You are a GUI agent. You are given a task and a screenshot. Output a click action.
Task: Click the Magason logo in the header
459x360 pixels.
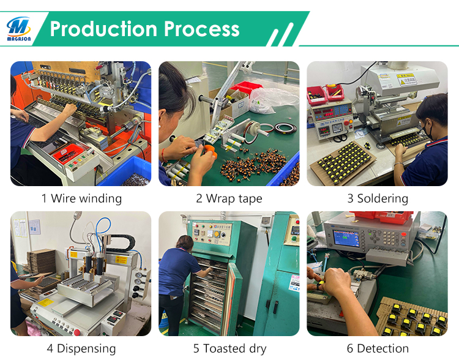(19, 29)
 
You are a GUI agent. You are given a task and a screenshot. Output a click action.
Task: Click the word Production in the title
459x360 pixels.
(103, 29)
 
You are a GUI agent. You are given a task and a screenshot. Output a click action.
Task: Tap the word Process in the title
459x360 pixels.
(202, 29)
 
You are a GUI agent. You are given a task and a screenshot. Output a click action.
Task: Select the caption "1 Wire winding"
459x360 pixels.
(81, 198)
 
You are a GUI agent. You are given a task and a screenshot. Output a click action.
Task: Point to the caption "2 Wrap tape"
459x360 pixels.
(229, 198)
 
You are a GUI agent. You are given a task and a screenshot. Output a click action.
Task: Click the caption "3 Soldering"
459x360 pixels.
(378, 198)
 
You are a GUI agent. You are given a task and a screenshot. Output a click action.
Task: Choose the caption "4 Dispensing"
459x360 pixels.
(81, 348)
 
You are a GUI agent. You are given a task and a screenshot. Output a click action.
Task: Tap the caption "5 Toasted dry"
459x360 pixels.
(229, 348)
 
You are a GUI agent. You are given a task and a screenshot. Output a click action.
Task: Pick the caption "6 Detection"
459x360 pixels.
(378, 348)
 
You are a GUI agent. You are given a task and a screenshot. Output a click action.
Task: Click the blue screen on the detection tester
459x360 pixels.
(346, 238)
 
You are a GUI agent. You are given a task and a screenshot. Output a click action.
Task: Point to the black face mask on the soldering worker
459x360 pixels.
(427, 130)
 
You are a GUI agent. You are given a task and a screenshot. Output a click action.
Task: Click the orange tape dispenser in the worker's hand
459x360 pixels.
(210, 151)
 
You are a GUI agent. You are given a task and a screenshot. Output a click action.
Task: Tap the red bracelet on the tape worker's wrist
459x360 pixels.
(163, 156)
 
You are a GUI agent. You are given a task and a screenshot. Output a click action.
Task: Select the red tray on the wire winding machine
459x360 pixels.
(69, 153)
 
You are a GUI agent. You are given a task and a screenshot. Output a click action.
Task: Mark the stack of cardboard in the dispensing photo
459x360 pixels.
(41, 262)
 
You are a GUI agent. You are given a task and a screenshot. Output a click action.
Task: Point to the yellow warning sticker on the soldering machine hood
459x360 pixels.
(406, 79)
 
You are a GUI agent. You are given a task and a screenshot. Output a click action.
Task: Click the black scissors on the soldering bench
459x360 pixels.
(340, 137)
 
